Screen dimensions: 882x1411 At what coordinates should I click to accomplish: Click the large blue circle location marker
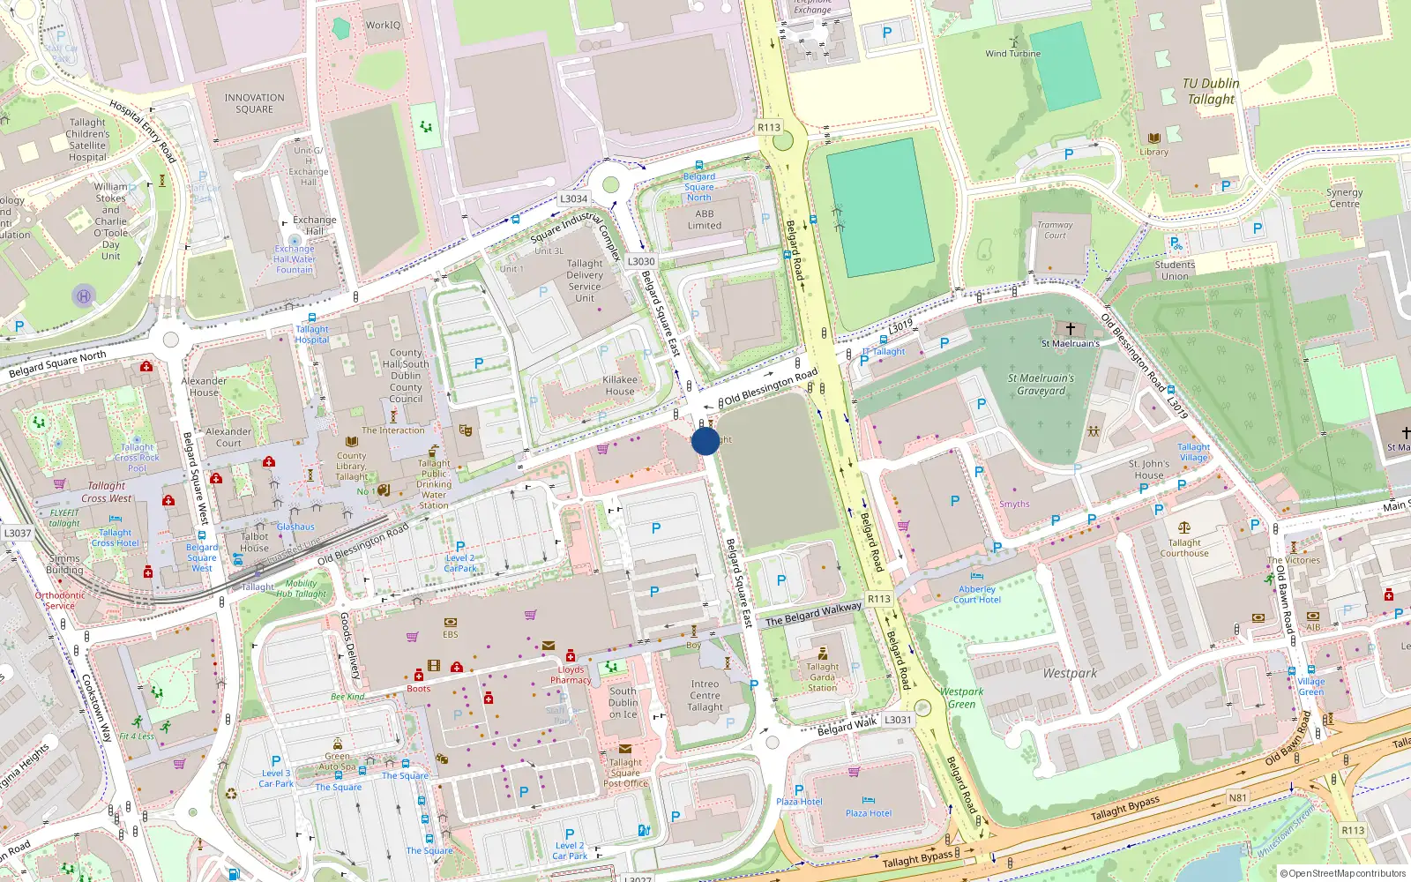pos(705,441)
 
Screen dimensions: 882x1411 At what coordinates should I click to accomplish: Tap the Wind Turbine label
pos(1012,54)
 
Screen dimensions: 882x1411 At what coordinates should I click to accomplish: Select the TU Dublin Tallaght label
pos(1211,92)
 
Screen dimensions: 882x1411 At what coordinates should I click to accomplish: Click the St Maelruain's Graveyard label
pos(1041,385)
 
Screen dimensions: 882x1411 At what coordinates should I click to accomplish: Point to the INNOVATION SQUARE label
pos(254,104)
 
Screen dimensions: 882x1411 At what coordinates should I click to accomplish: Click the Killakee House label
pos(620,385)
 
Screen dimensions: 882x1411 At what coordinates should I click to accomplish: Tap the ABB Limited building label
pos(705,220)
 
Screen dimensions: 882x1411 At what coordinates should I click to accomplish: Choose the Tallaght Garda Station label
pos(823,677)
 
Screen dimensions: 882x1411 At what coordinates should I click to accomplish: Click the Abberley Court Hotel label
pos(977,594)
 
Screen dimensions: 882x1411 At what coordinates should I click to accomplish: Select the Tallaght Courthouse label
pos(1184,548)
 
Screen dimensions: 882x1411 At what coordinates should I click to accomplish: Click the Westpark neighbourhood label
pos(1070,673)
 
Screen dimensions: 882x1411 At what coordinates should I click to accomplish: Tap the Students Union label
pos(1175,270)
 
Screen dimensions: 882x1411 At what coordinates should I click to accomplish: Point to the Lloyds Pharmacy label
pos(571,675)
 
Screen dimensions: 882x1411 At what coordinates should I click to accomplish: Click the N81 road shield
pos(1238,798)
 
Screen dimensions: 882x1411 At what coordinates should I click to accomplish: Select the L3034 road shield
pos(573,199)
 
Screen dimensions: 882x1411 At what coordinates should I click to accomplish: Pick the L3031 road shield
pos(898,720)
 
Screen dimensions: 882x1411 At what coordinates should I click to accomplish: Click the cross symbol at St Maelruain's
pos(1070,329)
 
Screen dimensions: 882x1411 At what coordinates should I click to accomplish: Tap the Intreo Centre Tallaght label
pos(705,695)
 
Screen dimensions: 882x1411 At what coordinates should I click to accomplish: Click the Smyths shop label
pos(1014,505)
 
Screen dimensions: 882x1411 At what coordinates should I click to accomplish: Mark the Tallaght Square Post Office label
pos(625,773)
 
